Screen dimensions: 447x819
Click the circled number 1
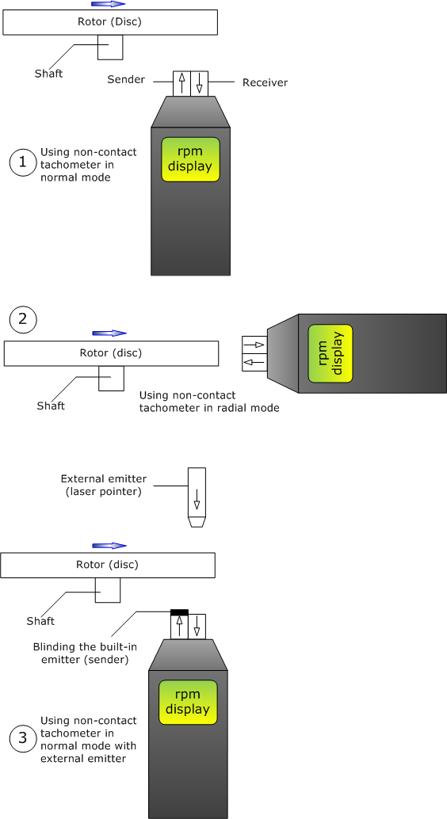(22, 162)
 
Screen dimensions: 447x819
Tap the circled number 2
(23, 319)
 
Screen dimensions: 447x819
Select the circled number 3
(23, 738)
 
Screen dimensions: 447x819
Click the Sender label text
(126, 79)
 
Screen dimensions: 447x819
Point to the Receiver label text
(265, 82)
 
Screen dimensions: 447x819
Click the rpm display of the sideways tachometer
(330, 353)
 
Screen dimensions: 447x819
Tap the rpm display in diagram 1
(190, 159)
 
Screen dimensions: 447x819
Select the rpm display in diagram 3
(188, 702)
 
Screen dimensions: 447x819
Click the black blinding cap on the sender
(179, 612)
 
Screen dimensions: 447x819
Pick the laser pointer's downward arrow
(197, 500)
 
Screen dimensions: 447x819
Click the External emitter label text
(104, 486)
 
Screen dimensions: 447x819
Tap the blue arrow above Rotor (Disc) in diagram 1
(109, 4)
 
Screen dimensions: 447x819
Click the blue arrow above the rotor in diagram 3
(109, 546)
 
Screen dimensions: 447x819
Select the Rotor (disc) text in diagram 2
(110, 353)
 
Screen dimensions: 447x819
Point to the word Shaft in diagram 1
(48, 74)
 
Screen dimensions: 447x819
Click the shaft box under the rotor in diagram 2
(112, 378)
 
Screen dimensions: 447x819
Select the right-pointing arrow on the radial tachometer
(254, 345)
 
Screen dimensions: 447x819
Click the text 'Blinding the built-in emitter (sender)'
(86, 653)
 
